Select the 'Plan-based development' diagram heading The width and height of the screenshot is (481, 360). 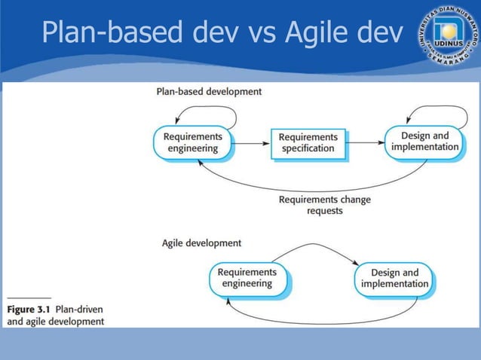click(209, 91)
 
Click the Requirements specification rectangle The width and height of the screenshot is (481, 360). click(308, 143)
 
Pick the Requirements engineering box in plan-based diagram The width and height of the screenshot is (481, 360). click(192, 142)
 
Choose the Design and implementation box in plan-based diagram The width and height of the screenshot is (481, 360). click(424, 142)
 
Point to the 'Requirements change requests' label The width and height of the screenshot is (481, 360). click(324, 206)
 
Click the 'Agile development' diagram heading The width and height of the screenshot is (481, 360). click(202, 243)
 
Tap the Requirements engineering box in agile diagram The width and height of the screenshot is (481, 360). click(247, 278)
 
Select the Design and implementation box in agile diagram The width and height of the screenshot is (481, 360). click(394, 279)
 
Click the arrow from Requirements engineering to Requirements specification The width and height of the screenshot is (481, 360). click(251, 142)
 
